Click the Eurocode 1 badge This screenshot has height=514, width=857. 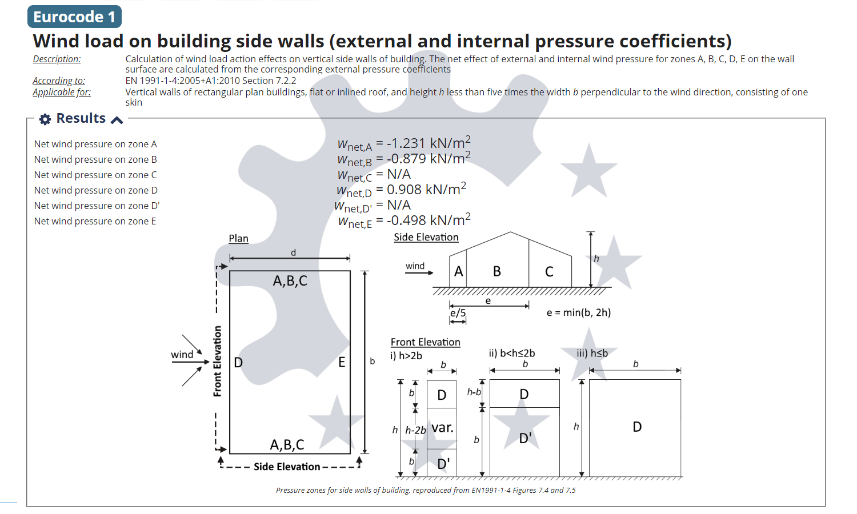[x=74, y=17]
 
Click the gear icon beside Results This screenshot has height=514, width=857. [x=45, y=119]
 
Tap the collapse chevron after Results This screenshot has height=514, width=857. [x=117, y=119]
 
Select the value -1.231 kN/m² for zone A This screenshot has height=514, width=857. [x=428, y=143]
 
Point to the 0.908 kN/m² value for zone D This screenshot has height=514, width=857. [x=426, y=189]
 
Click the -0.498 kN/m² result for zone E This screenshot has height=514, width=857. [x=428, y=220]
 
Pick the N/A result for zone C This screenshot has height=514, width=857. [x=399, y=174]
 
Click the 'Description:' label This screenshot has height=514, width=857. [x=57, y=59]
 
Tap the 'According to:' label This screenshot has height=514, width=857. [x=59, y=81]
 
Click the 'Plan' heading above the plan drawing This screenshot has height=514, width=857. [x=238, y=239]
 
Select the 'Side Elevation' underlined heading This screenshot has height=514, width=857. [x=426, y=237]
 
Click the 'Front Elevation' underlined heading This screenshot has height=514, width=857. [x=425, y=342]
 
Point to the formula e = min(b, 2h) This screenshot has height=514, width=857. [x=578, y=312]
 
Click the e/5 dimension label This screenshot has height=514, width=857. [x=458, y=313]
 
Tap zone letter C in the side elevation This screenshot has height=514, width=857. [x=549, y=272]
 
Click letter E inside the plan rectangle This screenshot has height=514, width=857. [x=342, y=362]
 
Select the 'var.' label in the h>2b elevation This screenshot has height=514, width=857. [x=442, y=428]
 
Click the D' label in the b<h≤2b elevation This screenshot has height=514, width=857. [x=525, y=438]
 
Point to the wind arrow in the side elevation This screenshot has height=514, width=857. [x=419, y=272]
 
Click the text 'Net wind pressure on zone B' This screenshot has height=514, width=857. [x=95, y=159]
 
